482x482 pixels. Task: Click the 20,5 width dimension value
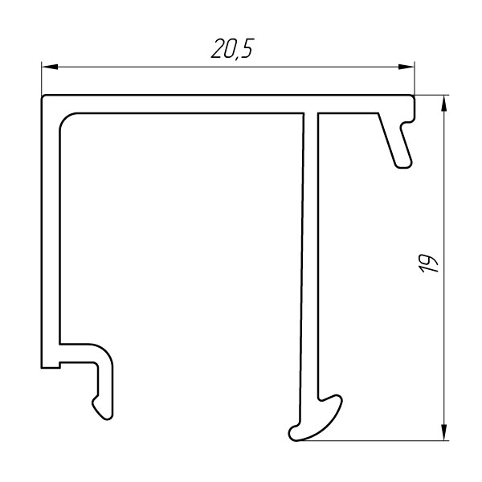[x=233, y=48]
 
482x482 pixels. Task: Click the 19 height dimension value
[x=428, y=263]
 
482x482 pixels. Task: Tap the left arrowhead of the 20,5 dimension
[x=50, y=67]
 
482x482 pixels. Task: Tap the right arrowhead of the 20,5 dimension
[x=406, y=67]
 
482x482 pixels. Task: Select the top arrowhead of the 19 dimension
[x=443, y=104]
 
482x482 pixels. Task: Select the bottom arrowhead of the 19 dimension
[x=443, y=432]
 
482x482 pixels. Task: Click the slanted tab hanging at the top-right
[x=395, y=141]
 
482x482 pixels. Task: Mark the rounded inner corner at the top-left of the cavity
[x=65, y=119]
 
